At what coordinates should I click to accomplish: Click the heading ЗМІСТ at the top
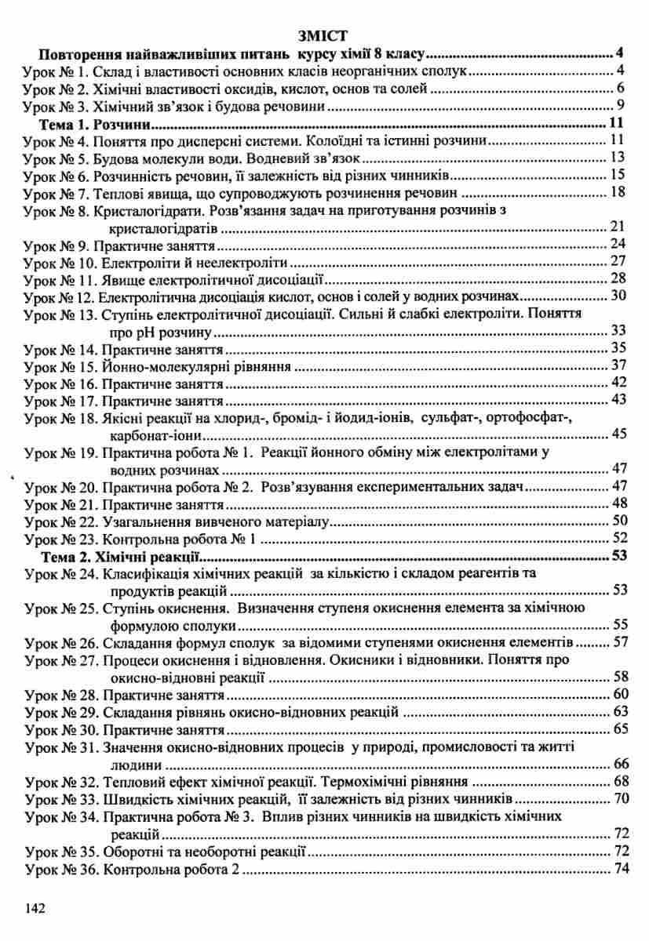[324, 35]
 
